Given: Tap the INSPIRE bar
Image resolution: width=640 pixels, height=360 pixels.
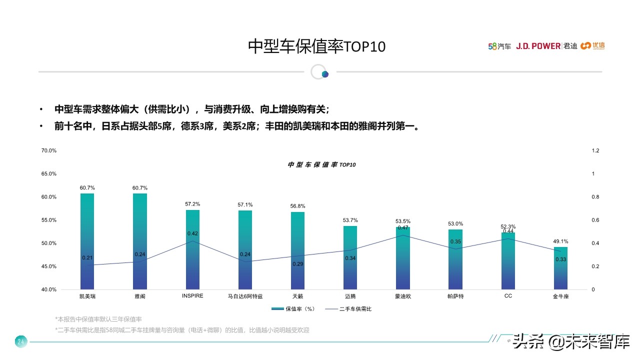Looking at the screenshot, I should (192, 249).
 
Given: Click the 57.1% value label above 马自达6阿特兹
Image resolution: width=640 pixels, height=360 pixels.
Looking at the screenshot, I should (245, 204).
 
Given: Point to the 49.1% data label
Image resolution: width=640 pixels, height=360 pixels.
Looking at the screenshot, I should (560, 241).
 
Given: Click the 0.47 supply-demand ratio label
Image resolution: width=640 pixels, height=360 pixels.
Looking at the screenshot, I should (403, 228).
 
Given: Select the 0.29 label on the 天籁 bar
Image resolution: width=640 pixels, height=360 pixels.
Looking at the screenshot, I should (297, 263).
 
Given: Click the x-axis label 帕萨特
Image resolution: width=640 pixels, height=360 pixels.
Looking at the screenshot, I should (455, 296).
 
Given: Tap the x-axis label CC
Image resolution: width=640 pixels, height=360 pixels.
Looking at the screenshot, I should (508, 296).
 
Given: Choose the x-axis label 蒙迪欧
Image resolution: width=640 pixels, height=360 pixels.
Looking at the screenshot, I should (403, 296).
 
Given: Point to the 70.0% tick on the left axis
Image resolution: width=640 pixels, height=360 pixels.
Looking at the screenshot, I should (48, 150).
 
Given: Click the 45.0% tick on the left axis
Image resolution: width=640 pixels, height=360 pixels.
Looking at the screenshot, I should (48, 266).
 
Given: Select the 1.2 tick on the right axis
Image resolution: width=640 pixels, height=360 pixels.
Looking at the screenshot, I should (595, 150).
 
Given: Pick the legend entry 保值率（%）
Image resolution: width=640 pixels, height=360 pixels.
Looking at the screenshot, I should (294, 309).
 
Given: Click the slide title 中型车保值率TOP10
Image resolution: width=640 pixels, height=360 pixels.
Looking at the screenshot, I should (317, 46).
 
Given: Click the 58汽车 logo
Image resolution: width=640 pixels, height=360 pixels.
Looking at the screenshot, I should (499, 46).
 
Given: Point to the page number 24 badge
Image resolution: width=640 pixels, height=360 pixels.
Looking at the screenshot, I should (21, 342).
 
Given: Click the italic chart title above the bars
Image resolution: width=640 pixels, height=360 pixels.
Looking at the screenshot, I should (322, 164).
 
